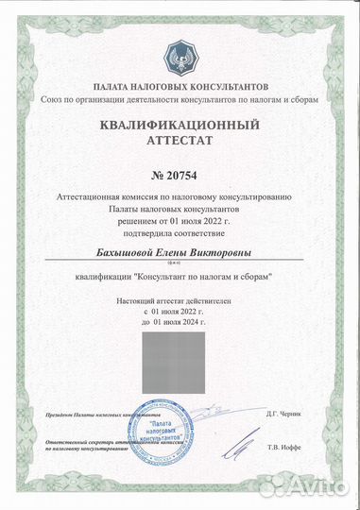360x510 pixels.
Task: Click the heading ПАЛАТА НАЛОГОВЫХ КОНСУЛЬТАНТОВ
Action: tap(180, 85)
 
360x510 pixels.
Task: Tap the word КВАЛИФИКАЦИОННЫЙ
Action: tap(180, 125)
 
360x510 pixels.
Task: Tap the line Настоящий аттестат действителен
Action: tap(180, 298)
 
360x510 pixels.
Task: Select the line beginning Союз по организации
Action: tap(180, 98)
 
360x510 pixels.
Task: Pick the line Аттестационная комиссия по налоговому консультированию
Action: tap(180, 195)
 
